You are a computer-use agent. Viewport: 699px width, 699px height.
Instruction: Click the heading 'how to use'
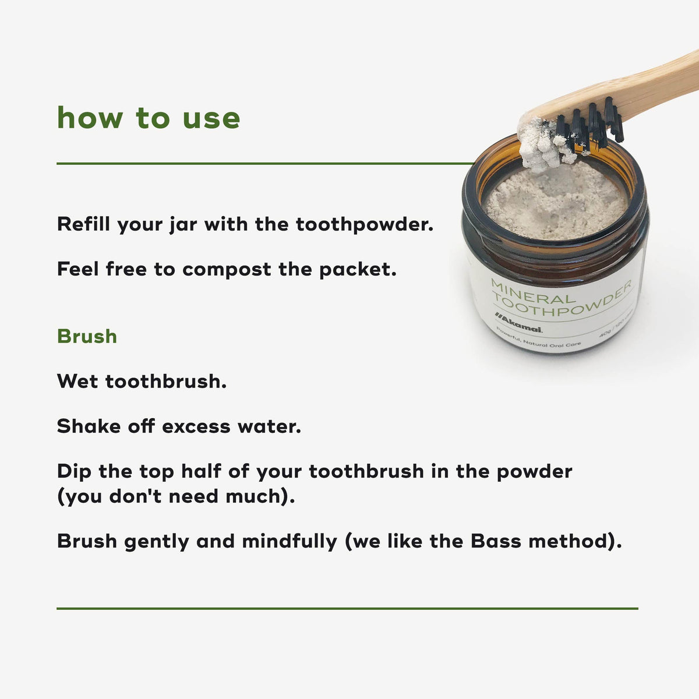point(149,118)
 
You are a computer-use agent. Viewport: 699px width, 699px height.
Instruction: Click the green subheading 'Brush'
point(87,337)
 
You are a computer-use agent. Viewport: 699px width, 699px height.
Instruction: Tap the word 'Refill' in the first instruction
point(84,224)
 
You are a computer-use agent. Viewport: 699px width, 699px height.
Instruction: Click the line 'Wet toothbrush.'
point(142,382)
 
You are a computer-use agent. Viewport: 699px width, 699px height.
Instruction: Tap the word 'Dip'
point(74,471)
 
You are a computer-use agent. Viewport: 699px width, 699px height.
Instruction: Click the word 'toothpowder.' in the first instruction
point(365,224)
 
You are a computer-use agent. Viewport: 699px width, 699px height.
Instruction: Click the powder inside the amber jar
point(556,201)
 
